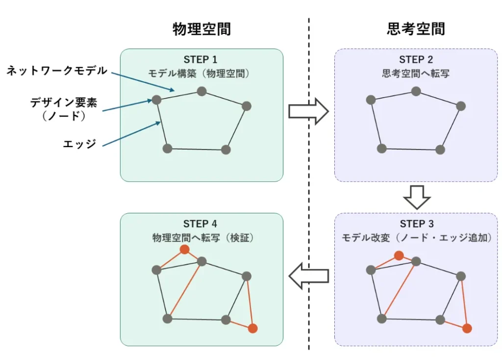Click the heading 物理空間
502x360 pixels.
[x=201, y=29]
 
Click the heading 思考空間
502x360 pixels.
[x=416, y=29]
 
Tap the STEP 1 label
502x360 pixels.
[x=201, y=60]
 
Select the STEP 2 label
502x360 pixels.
[x=416, y=60]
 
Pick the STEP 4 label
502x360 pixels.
[x=201, y=224]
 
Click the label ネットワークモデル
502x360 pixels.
[x=56, y=71]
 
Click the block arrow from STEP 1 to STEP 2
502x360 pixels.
[x=308, y=111]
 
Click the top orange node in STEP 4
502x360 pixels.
[x=184, y=250]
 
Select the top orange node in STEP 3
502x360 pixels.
[x=399, y=256]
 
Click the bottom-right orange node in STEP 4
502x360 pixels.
[x=252, y=329]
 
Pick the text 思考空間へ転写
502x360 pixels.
[x=416, y=74]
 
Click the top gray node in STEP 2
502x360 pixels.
[x=416, y=91]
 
